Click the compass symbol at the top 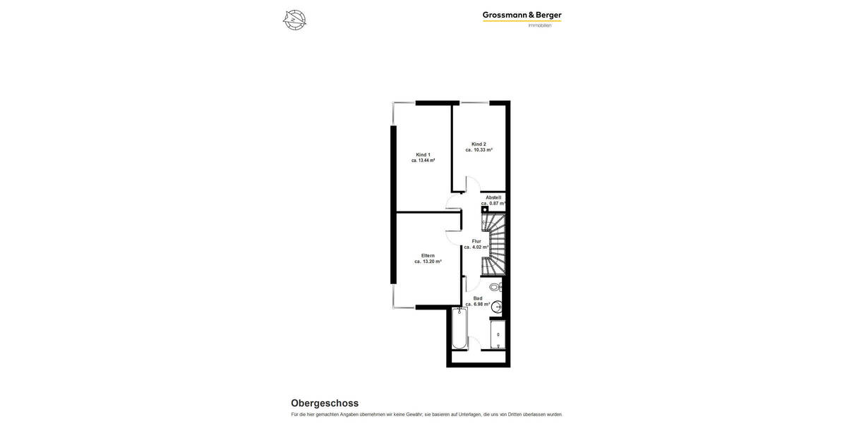point(294,20)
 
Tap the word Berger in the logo point(546,15)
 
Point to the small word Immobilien point(540,26)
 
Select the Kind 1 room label point(423,154)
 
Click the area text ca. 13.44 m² point(423,161)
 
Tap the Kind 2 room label point(479,144)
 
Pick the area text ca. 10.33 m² point(479,150)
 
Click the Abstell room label point(493,197)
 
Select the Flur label point(476,241)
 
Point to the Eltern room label point(428,255)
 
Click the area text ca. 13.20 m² point(428,262)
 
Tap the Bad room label point(478,298)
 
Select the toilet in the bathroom point(495,287)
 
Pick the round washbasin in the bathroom point(497,307)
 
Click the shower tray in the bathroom point(498,334)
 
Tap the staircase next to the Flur point(494,245)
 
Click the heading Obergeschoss point(325,403)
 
